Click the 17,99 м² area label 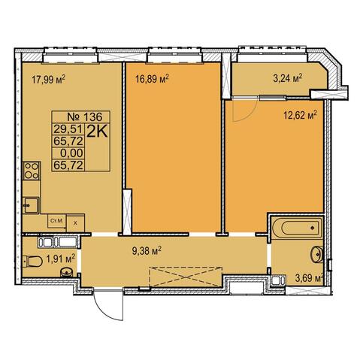pyautogui.click(x=48, y=80)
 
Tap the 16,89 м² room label pyautogui.click(x=152, y=79)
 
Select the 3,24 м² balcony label pyautogui.click(x=287, y=78)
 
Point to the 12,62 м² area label pyautogui.click(x=300, y=116)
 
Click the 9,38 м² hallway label pyautogui.click(x=147, y=251)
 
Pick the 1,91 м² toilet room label pyautogui.click(x=61, y=259)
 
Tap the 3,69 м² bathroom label pyautogui.click(x=308, y=279)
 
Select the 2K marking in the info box pyautogui.click(x=97, y=132)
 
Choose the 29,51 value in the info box pyautogui.click(x=68, y=129)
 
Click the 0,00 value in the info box pyautogui.click(x=71, y=153)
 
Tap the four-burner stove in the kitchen pyautogui.click(x=32, y=171)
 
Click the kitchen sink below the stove pyautogui.click(x=32, y=205)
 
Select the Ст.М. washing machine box pyautogui.click(x=57, y=221)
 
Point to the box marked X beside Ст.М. pyautogui.click(x=75, y=223)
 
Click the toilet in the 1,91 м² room pyautogui.click(x=33, y=262)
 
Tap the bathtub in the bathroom pyautogui.click(x=297, y=228)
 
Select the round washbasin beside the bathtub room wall pyautogui.click(x=317, y=254)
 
